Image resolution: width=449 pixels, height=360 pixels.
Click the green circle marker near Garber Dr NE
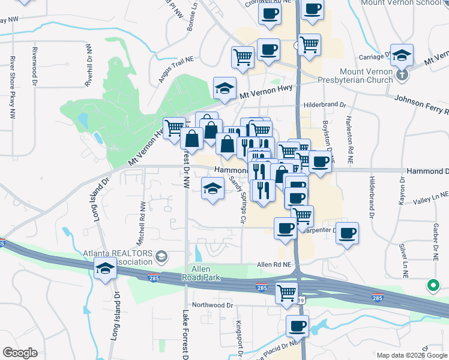click(432, 286)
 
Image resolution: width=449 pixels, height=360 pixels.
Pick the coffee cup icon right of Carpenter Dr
click(346, 233)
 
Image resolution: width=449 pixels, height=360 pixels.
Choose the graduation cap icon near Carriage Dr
click(402, 55)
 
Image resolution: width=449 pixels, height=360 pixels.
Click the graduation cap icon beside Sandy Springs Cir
click(211, 188)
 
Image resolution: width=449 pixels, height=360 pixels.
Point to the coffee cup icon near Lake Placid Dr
click(297, 326)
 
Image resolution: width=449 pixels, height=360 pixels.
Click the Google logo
click(20, 353)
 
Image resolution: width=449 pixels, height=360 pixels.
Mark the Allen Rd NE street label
click(274, 264)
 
